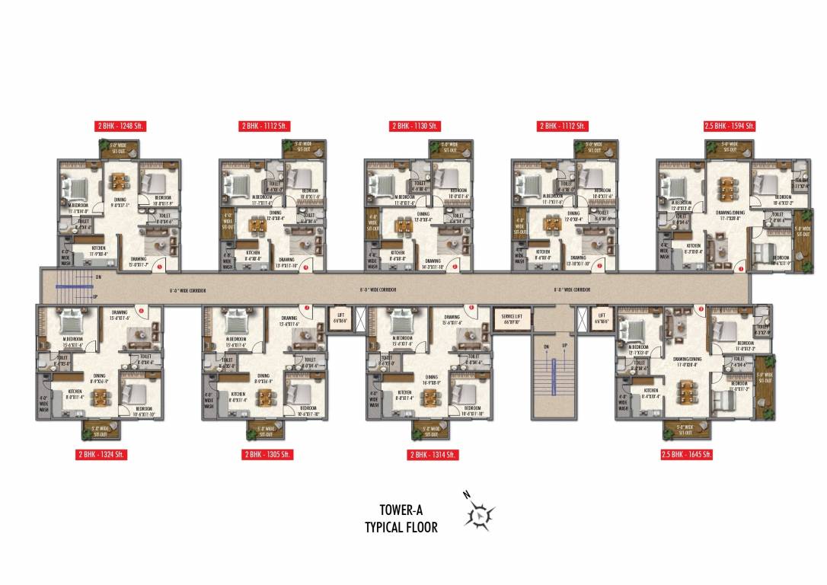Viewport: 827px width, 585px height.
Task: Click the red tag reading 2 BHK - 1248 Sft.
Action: click(x=120, y=126)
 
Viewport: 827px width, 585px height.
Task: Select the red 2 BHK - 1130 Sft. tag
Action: click(x=415, y=126)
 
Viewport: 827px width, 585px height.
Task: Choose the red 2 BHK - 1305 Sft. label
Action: click(x=267, y=454)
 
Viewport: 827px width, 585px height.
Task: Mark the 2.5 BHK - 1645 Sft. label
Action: click(x=687, y=454)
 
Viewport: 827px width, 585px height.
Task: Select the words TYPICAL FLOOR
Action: click(x=401, y=527)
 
